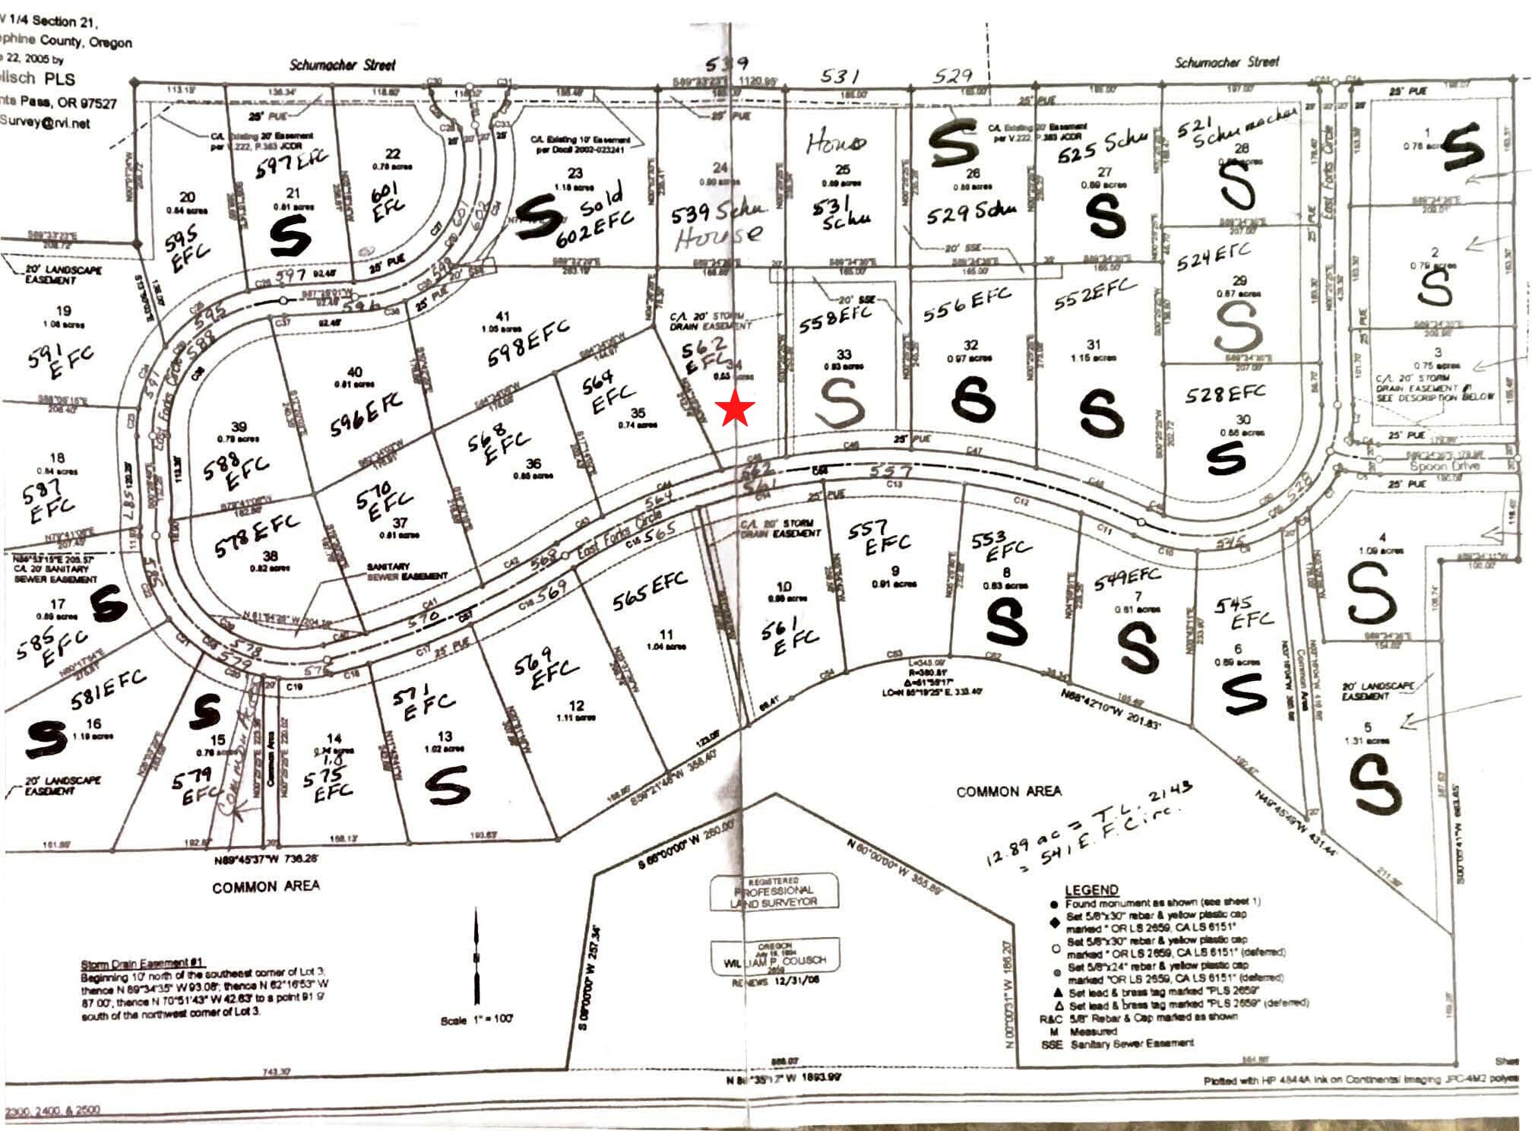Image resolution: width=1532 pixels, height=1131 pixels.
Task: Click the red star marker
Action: (x=736, y=409)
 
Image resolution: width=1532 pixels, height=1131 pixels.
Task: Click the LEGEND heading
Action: (x=1091, y=890)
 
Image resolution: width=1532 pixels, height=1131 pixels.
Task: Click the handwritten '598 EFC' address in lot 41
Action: (x=527, y=343)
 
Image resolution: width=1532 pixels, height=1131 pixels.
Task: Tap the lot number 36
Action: (x=533, y=463)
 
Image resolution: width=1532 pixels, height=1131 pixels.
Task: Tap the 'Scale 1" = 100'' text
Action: (x=476, y=1020)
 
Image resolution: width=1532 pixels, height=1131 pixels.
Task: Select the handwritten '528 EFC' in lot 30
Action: (x=1225, y=394)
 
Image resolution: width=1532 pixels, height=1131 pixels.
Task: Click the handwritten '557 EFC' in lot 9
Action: (x=887, y=536)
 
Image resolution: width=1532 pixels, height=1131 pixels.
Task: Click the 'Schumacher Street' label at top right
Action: (x=1227, y=62)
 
